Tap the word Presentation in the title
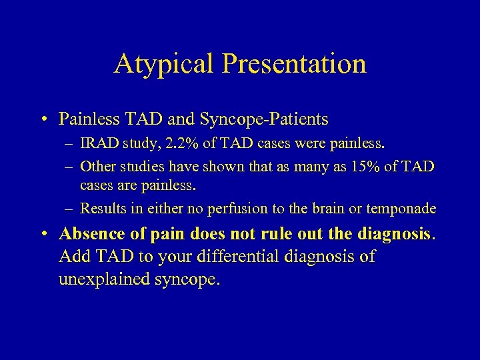(295, 64)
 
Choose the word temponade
(400, 208)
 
